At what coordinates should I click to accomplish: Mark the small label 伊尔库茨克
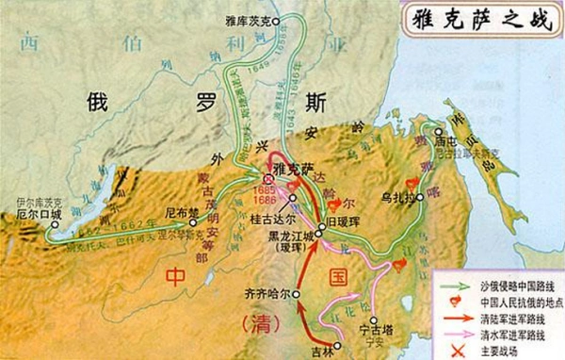click(35, 201)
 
